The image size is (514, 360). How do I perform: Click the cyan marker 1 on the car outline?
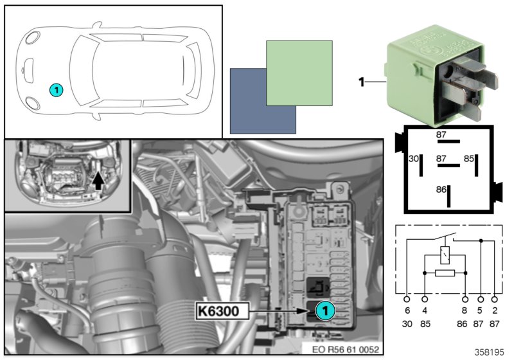[x=57, y=90]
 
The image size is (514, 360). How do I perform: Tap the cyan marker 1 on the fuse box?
[x=325, y=310]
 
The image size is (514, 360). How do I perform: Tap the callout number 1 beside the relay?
[x=361, y=82]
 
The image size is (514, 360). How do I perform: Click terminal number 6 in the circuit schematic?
[x=407, y=311]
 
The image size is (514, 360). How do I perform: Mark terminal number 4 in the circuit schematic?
[x=425, y=311]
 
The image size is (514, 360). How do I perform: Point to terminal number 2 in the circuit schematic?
[x=494, y=311]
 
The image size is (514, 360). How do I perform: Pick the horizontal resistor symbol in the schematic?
[x=445, y=273]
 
